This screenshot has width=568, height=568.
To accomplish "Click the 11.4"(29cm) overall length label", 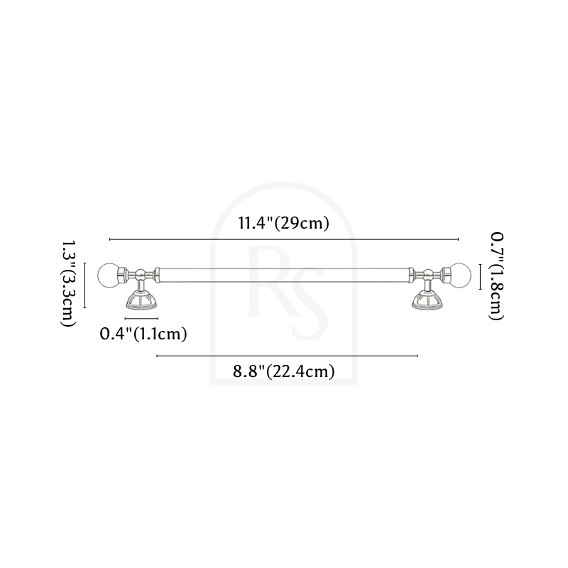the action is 283,223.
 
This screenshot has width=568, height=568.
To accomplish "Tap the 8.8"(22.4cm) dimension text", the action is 283,371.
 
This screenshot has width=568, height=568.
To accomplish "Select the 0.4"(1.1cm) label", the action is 143,334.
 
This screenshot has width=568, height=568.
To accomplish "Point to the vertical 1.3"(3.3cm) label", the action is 68,284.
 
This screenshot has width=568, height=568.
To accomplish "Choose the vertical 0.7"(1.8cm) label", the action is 496,276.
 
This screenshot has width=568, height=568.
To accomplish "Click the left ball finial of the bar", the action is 109,276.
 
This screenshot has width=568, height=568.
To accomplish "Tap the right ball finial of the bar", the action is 460,275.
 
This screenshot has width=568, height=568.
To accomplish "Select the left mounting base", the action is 141,302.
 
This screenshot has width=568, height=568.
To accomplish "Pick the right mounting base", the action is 428,302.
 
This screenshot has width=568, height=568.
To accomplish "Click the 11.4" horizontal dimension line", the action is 284,239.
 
